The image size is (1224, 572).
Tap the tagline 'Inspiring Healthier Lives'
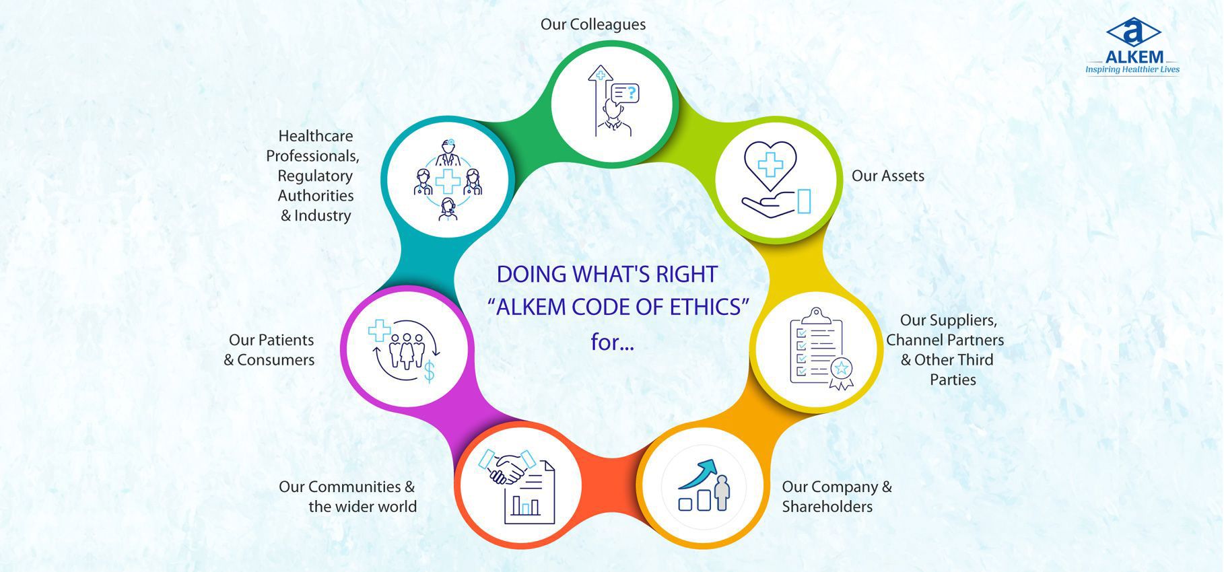point(1132,69)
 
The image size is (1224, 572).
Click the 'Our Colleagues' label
point(593,24)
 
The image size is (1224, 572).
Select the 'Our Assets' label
point(888,176)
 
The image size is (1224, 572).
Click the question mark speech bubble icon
point(624,93)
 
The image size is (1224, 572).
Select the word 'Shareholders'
point(827,507)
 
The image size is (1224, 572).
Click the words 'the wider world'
point(362,507)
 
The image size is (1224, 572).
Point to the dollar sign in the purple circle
point(429,371)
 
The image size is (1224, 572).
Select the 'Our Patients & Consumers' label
point(269,350)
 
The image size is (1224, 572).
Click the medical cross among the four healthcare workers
point(447,182)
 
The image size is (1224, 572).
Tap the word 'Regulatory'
point(315,176)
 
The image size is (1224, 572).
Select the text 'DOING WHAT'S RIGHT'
point(607,275)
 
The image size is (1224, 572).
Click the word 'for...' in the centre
point(612,342)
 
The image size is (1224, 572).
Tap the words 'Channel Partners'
point(945,340)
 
